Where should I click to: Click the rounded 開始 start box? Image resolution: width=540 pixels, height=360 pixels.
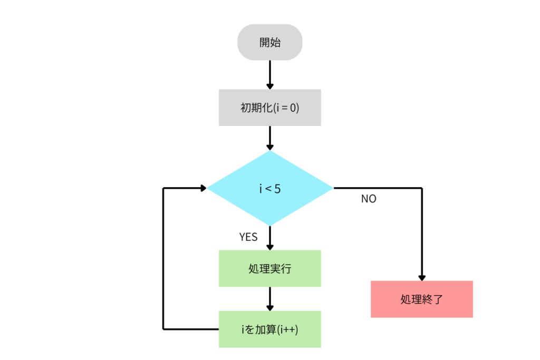tap(270, 42)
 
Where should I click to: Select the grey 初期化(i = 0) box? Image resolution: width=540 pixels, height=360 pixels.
tap(270, 108)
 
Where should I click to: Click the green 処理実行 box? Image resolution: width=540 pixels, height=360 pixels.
tap(270, 269)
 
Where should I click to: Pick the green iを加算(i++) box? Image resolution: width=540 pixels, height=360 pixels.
tap(270, 329)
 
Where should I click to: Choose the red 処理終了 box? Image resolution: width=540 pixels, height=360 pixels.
tap(421, 299)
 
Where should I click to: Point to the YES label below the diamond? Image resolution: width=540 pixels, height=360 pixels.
tap(248, 237)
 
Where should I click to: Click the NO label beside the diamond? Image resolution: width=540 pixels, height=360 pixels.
tap(369, 200)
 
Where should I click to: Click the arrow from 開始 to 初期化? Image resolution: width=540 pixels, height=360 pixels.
tap(270, 74)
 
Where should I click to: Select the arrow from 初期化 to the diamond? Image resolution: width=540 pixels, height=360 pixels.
tap(270, 138)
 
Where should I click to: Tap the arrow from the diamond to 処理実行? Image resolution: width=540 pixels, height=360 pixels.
tap(270, 237)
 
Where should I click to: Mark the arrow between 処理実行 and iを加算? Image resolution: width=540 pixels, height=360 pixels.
tap(270, 298)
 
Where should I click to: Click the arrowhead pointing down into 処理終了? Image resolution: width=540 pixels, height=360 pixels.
tap(422, 277)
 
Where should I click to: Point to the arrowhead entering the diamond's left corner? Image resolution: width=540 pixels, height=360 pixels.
tap(202, 188)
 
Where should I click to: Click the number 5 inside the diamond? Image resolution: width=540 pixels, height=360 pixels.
tap(277, 188)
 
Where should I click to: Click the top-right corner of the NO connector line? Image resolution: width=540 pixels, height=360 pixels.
tap(422, 188)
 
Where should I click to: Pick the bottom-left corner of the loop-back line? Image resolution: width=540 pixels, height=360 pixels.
tap(163, 329)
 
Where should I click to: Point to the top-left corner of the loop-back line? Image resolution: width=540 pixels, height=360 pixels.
tap(163, 188)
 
